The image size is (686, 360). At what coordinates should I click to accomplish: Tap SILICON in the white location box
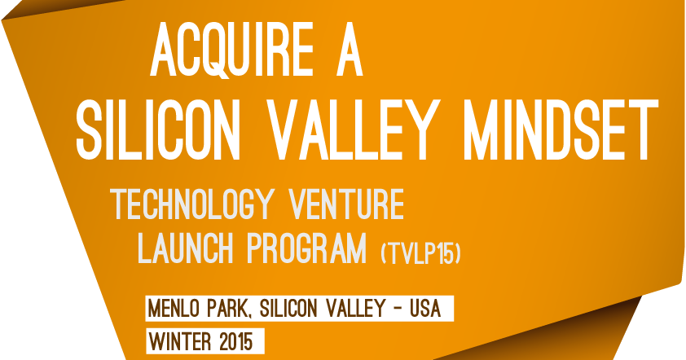(289, 310)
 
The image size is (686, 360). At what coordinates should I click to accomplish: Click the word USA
(424, 310)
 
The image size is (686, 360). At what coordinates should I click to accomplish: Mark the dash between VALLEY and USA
(398, 310)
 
